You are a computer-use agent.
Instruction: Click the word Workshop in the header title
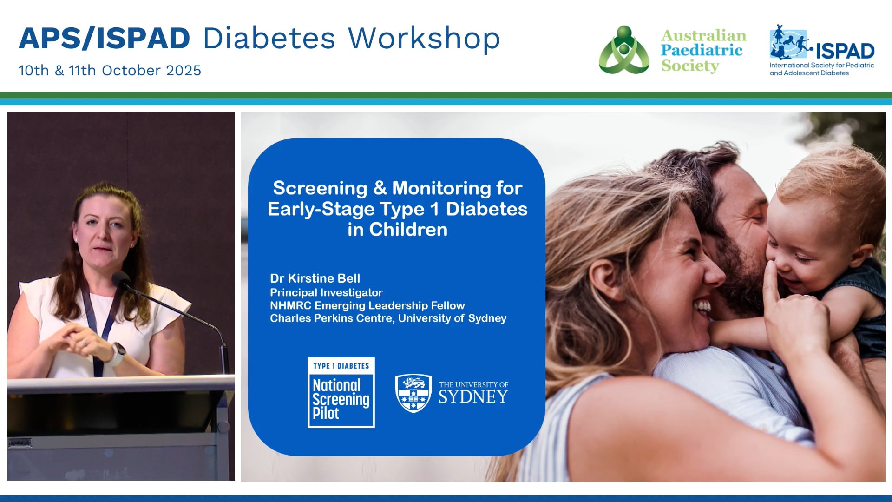(x=424, y=38)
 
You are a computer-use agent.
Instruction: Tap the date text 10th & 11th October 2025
(x=110, y=71)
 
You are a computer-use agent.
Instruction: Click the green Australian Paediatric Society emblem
(x=624, y=50)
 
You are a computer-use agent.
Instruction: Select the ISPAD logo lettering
(x=845, y=51)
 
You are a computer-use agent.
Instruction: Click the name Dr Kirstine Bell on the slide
(x=315, y=278)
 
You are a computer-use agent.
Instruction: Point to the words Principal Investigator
(x=326, y=292)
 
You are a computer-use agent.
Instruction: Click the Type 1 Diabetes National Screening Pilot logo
(x=341, y=392)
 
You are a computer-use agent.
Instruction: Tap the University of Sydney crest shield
(x=413, y=393)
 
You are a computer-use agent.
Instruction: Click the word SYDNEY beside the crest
(x=473, y=397)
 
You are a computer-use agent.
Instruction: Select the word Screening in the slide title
(x=320, y=188)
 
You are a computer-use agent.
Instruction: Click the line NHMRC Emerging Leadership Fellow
(x=367, y=305)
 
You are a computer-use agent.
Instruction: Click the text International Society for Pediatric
(x=821, y=66)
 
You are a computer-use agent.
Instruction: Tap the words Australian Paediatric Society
(x=703, y=51)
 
